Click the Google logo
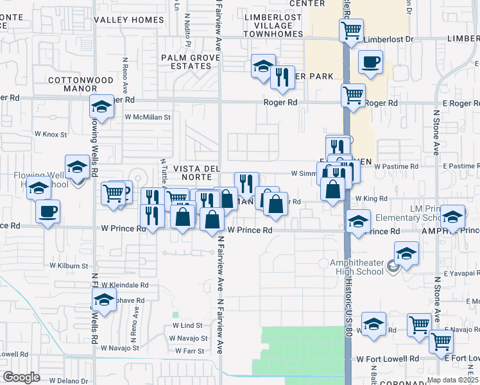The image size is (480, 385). tap(21, 377)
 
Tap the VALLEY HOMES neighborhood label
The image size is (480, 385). tap(128, 20)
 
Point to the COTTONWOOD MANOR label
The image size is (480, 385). tap(72, 85)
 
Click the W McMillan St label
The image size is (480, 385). tap(148, 117)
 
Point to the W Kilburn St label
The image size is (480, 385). tap(69, 265)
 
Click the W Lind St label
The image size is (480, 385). tap(187, 326)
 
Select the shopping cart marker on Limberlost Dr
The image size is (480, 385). tap(351, 30)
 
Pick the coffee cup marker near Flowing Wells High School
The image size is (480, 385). tap(47, 212)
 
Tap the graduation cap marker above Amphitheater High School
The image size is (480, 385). tap(406, 253)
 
